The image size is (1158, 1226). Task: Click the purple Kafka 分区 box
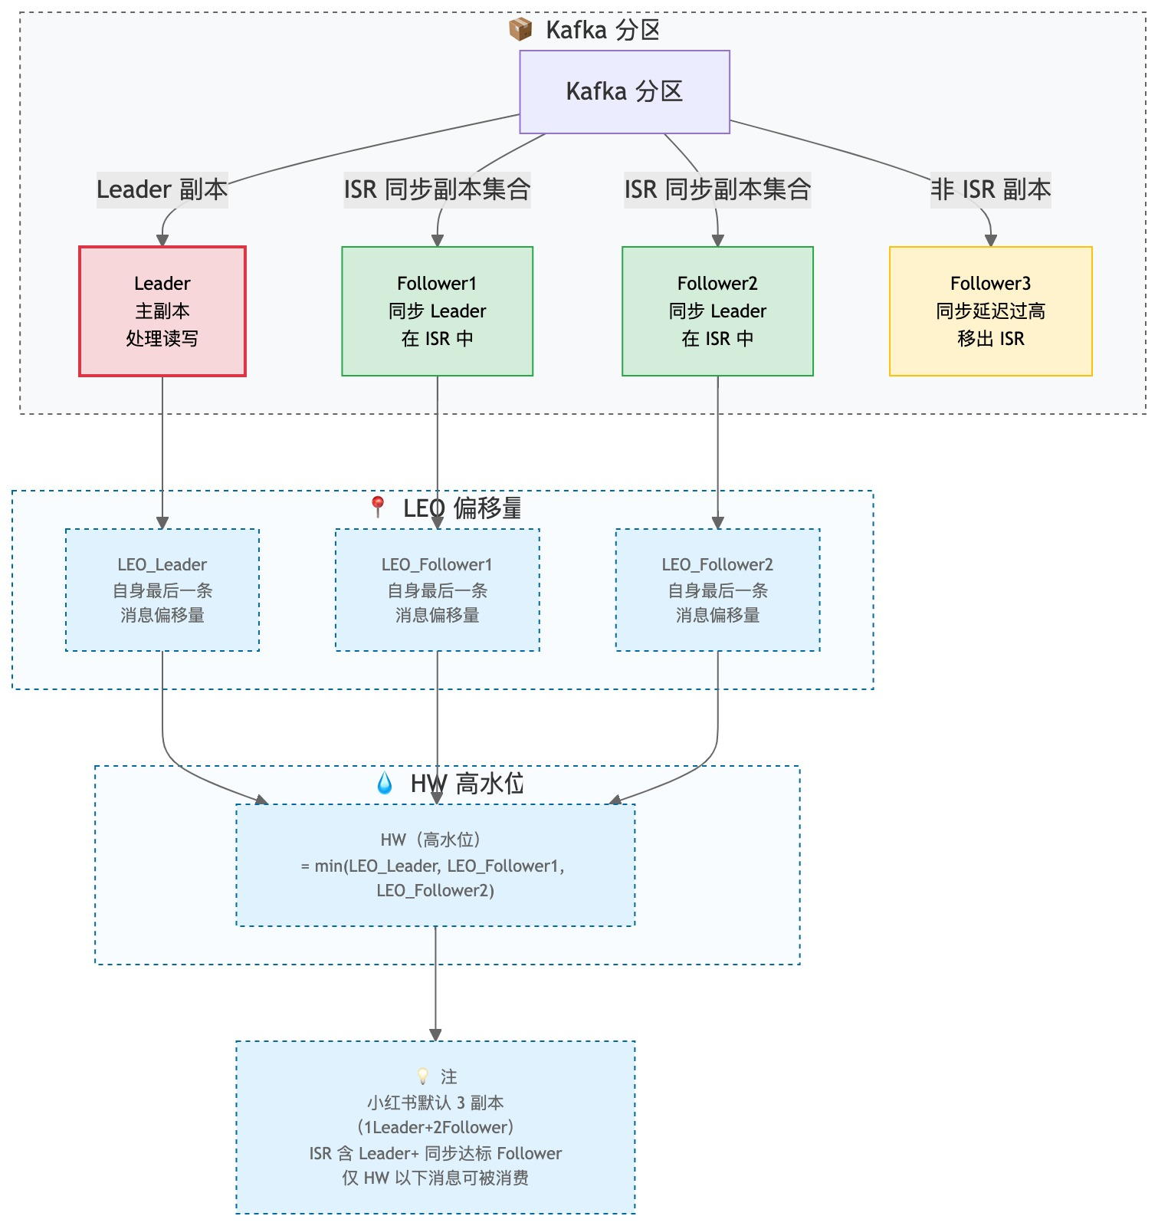(x=624, y=92)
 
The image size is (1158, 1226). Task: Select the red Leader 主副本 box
(x=162, y=311)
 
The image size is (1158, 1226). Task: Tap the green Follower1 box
(x=437, y=311)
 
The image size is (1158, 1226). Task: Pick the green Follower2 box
(x=717, y=311)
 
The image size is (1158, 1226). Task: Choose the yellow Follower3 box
(x=990, y=311)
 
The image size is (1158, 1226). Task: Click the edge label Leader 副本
(x=162, y=189)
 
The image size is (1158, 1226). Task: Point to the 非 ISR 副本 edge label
(x=990, y=189)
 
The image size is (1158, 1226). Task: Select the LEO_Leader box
(x=162, y=590)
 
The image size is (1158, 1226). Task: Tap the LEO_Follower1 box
(x=437, y=590)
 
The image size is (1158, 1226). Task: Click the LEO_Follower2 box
(x=717, y=590)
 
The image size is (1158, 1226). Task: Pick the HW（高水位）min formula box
(x=435, y=865)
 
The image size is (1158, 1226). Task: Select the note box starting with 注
(x=435, y=1127)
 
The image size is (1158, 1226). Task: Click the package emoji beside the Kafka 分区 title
(x=520, y=30)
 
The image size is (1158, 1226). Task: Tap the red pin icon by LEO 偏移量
(x=377, y=506)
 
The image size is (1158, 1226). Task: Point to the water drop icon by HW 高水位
(x=385, y=783)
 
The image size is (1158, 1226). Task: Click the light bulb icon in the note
(x=422, y=1076)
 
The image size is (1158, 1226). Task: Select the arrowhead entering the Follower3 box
(x=990, y=241)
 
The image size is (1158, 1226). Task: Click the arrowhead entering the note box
(x=435, y=1035)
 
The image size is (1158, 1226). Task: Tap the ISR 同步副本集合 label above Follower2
(x=717, y=189)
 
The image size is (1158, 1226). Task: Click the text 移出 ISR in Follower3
(x=990, y=339)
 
